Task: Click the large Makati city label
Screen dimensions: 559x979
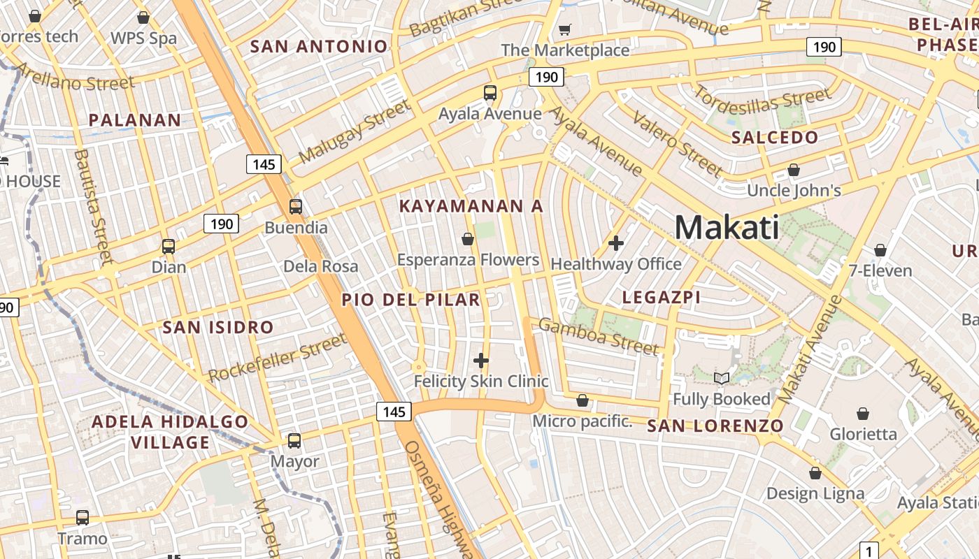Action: coord(727,228)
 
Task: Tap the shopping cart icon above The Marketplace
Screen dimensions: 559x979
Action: coord(564,29)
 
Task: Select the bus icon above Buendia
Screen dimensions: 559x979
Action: coord(296,207)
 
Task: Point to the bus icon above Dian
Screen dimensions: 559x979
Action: coord(169,247)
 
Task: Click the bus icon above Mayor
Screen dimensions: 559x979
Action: coord(294,441)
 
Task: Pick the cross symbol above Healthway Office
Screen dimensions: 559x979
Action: coord(616,243)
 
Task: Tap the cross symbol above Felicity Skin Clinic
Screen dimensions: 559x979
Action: coord(481,361)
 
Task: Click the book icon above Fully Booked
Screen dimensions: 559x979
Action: coord(722,379)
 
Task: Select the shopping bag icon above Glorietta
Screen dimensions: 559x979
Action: coord(863,414)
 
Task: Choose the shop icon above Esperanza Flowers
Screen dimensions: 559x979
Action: coord(468,240)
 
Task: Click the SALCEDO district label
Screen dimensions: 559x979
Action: coord(775,138)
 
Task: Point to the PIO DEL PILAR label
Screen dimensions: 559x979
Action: coord(411,300)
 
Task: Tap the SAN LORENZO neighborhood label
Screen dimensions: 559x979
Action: coord(715,426)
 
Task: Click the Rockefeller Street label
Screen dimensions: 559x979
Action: coord(278,358)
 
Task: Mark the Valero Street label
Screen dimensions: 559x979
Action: coord(678,144)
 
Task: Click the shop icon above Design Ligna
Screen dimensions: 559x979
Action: coord(815,474)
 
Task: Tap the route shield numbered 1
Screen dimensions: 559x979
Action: coord(869,551)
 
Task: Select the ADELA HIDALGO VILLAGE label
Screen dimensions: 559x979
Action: coord(170,432)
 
